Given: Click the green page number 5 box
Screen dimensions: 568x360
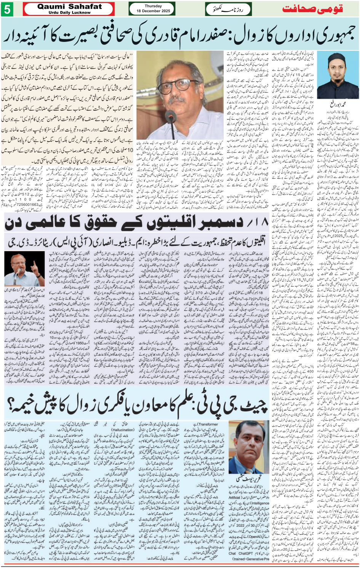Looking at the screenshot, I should point(7,9).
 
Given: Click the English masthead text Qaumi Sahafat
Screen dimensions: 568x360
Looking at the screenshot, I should point(70,6).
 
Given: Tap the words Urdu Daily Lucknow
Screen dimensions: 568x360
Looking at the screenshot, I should point(70,13).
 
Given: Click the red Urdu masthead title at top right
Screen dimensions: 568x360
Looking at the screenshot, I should point(312,9).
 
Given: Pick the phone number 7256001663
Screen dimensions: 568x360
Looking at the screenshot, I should point(25,205).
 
